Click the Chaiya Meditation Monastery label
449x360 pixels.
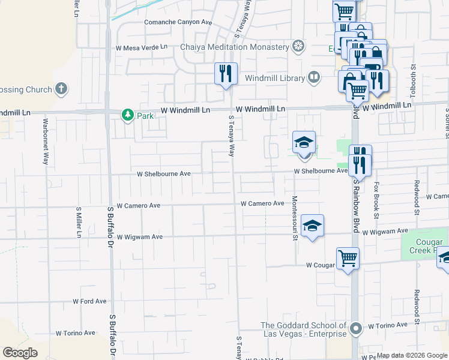click(235, 47)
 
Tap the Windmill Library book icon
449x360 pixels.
click(314, 76)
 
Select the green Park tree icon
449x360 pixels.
click(127, 114)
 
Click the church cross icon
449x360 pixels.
click(60, 89)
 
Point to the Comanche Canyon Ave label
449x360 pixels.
click(178, 22)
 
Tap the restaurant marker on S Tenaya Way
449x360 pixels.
click(226, 74)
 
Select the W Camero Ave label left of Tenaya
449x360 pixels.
click(139, 205)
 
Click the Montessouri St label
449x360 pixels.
click(295, 217)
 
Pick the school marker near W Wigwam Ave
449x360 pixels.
click(312, 226)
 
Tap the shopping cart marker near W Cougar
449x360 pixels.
click(348, 259)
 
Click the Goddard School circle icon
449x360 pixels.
click(356, 328)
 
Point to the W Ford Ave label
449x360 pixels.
click(89, 301)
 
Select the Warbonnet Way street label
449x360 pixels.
click(46, 142)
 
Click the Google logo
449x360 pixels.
click(20, 353)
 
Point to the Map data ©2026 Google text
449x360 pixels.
click(412, 355)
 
